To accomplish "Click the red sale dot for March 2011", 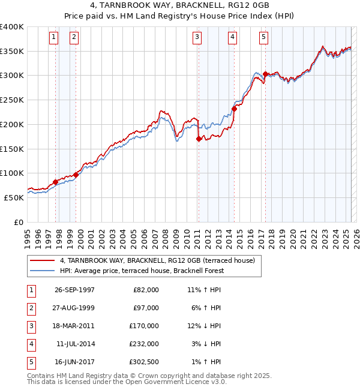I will coord(199,139).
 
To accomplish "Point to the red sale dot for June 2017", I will coord(265,74).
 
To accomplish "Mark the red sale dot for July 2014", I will coord(234,109).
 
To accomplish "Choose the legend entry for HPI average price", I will coord(142,271).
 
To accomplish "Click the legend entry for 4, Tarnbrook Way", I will coord(157,260).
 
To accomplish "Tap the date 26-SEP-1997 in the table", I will coord(74,289).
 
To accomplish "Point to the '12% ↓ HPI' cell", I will coord(204,326).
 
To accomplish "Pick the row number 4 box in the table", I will coord(30,344).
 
